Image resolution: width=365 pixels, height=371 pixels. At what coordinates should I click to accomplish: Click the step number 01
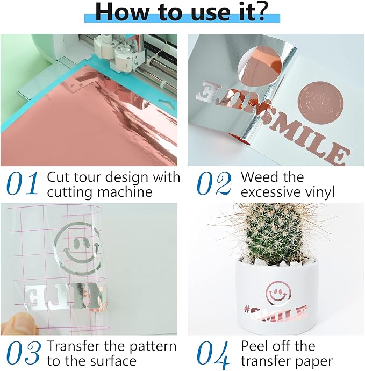click(23, 183)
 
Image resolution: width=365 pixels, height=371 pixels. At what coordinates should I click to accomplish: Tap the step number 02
click(214, 183)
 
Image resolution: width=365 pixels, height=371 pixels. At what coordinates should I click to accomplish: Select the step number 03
click(24, 353)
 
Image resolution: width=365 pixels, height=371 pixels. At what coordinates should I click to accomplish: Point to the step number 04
click(213, 353)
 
